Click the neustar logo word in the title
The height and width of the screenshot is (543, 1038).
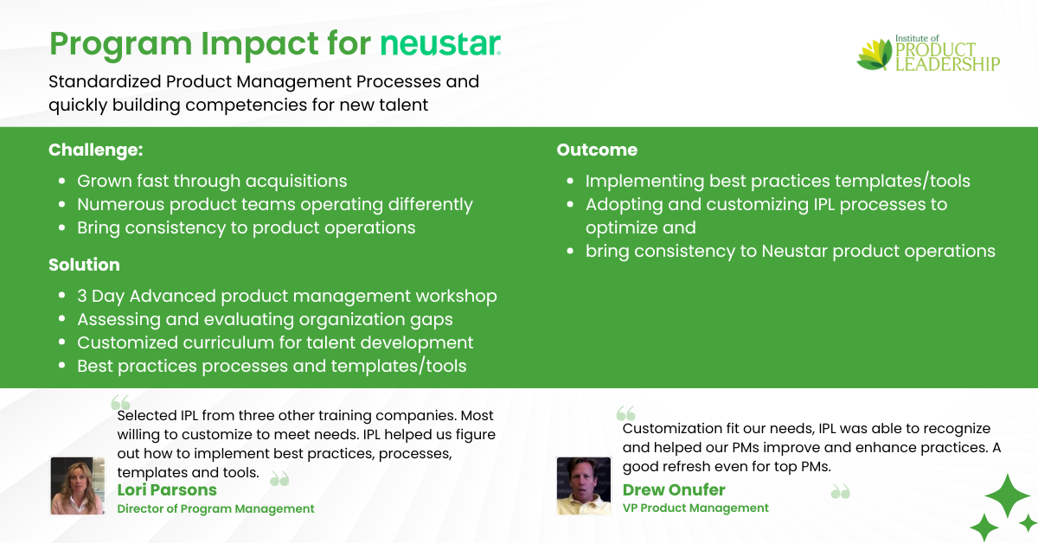[x=440, y=44]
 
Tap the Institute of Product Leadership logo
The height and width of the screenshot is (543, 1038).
[x=927, y=54]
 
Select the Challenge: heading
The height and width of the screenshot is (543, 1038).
[x=96, y=150]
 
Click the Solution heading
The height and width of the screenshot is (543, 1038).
[x=85, y=265]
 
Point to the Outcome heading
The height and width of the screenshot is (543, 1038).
[x=597, y=150]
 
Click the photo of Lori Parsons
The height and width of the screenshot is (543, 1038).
[x=77, y=486]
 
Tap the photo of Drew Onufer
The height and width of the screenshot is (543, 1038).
[x=583, y=486]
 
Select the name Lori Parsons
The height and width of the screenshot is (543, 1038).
[x=167, y=489]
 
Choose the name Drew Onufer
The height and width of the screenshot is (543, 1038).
[x=674, y=489]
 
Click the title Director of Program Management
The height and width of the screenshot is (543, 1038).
[x=215, y=508]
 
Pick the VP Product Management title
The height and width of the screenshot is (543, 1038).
[x=695, y=508]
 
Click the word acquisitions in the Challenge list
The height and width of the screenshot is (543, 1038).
[x=296, y=182]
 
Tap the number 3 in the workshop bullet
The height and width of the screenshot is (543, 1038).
[x=82, y=296]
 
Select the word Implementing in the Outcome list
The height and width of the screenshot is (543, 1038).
[x=644, y=182]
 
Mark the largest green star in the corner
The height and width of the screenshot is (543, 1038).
[x=1008, y=495]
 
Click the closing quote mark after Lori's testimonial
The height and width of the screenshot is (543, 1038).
[x=280, y=479]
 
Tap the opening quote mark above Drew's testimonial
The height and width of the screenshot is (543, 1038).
[x=626, y=413]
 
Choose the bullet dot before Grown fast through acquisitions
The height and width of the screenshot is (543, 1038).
[x=62, y=182]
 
